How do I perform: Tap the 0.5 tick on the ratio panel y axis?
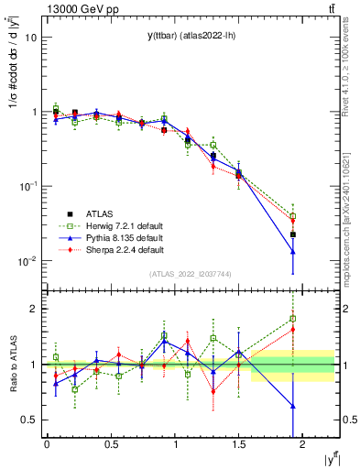point(30,420)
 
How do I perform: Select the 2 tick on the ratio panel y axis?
point(35,309)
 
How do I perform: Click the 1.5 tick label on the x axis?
point(239,444)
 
